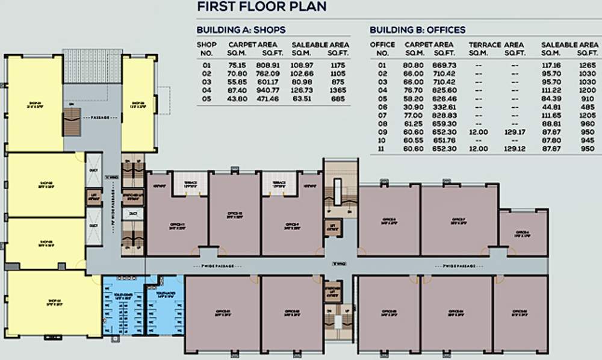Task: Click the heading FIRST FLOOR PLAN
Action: pyautogui.click(x=262, y=7)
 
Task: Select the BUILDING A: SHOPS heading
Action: pyautogui.click(x=241, y=29)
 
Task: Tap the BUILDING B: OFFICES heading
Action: pyautogui.click(x=417, y=29)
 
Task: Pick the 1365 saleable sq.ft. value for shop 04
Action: pyautogui.click(x=338, y=90)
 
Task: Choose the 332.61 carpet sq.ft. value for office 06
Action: pyautogui.click(x=444, y=107)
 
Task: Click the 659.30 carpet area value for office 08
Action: pyautogui.click(x=444, y=123)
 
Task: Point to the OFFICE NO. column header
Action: pyautogui.click(x=382, y=48)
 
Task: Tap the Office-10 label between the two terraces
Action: pyautogui.click(x=234, y=214)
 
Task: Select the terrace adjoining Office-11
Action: pyautogui.click(x=190, y=184)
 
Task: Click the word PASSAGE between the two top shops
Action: pyautogui.click(x=96, y=118)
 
